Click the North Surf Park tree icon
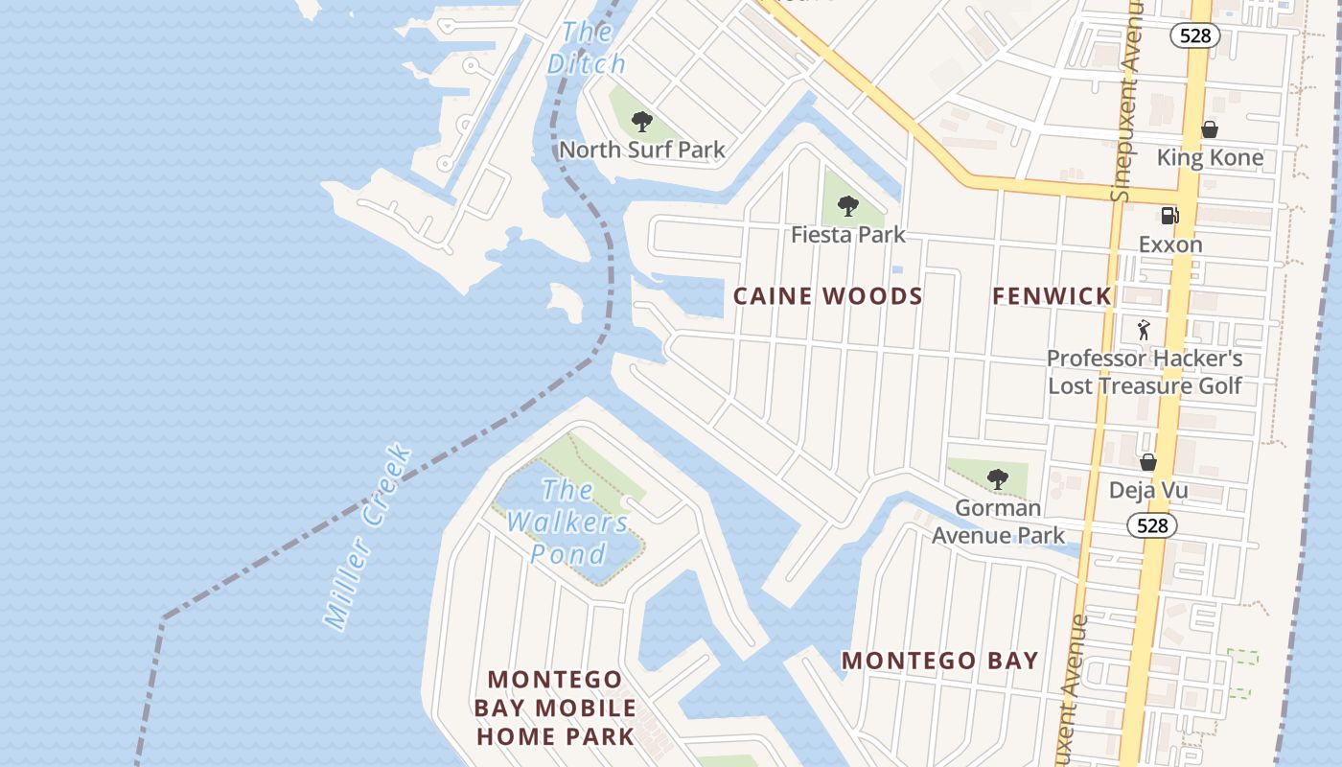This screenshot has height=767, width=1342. coord(642,122)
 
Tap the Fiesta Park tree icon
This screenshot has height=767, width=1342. coord(847,205)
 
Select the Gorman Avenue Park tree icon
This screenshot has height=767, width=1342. coord(997,478)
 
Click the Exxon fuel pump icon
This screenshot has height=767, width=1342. coord(1169,216)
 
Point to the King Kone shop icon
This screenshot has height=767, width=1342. coord(1210,129)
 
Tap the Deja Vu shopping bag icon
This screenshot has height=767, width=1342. coord(1147,463)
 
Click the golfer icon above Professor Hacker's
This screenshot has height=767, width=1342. coord(1143,331)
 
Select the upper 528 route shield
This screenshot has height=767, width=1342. coord(1194,35)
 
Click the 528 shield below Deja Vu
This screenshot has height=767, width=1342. coord(1151,524)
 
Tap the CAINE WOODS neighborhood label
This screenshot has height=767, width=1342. coord(827,296)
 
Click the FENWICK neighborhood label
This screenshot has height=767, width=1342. coord(1052,296)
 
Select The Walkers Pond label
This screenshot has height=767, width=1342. coord(568,523)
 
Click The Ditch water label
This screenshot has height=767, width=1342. coord(586,48)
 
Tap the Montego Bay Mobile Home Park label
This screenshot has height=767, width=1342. coord(555,708)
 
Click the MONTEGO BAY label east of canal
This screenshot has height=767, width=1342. coord(939,660)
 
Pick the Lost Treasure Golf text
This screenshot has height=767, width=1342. coord(1144,385)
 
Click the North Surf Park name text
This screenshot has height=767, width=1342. coord(642,151)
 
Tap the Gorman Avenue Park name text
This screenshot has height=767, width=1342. coord(998,521)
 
